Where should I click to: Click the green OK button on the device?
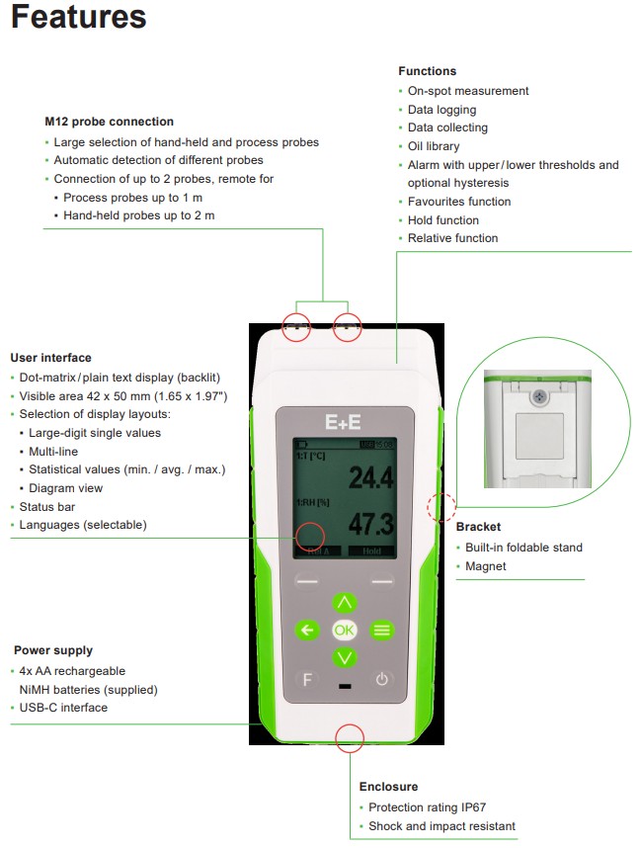tap(344, 630)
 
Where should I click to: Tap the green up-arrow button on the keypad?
tap(344, 602)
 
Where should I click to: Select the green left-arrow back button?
tap(307, 630)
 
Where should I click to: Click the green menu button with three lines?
tap(381, 630)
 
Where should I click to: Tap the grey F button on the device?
tap(307, 679)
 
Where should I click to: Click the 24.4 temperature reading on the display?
tap(369, 479)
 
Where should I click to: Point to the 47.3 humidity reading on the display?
tap(369, 525)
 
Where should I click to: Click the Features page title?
tap(79, 17)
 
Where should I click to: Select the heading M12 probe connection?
tap(109, 122)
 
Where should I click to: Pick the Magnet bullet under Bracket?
tap(485, 566)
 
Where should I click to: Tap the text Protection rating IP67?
tap(432, 807)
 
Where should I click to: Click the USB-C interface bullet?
tap(63, 708)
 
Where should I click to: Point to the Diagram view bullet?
tap(65, 488)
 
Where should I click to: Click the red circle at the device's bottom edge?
tap(350, 736)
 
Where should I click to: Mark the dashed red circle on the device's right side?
tap(440, 508)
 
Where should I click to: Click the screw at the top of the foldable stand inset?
tap(538, 395)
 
